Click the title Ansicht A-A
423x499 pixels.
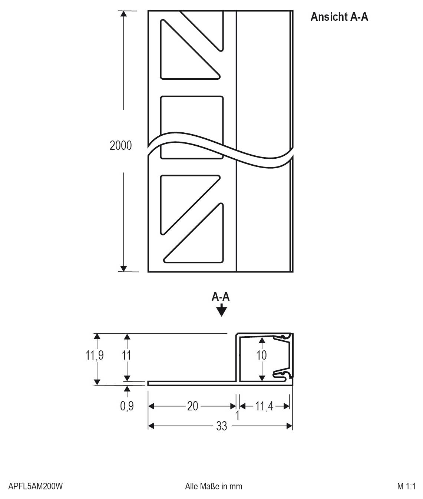click(339, 17)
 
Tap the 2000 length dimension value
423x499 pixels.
click(120, 145)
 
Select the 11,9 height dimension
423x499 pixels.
click(95, 355)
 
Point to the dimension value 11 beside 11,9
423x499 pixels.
click(126, 355)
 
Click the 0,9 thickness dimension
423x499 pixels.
click(126, 406)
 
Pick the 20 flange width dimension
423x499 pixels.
click(192, 406)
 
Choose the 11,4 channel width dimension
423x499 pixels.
click(264, 406)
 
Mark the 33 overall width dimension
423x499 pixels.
click(221, 426)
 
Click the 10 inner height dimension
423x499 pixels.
click(261, 355)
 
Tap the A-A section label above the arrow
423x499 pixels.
click(221, 297)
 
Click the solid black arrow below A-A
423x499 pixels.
click(221, 310)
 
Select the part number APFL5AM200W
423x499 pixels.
click(36, 486)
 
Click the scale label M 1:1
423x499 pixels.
click(406, 486)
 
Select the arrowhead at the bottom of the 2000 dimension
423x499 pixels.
click(124, 269)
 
